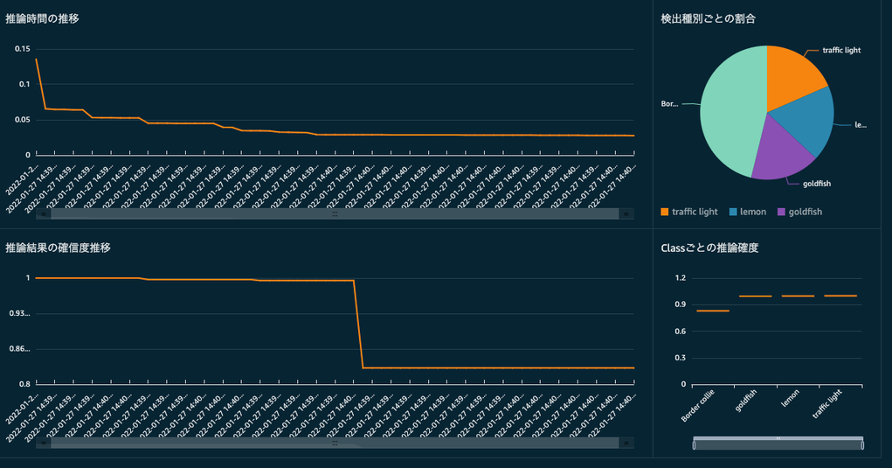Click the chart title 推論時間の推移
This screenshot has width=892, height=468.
(42, 18)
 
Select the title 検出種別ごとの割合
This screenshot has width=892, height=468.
(708, 18)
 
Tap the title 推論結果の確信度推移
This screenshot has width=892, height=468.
(58, 248)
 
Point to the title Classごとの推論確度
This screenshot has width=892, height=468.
(709, 248)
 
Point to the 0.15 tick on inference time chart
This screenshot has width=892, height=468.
(22, 48)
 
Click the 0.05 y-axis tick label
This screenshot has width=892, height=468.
(22, 120)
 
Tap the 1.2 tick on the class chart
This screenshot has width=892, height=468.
(681, 278)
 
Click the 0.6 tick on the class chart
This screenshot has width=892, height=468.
(681, 332)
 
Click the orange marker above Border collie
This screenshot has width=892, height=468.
(713, 311)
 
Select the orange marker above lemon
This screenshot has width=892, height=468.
(798, 296)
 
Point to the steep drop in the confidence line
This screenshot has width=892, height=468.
(358, 324)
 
